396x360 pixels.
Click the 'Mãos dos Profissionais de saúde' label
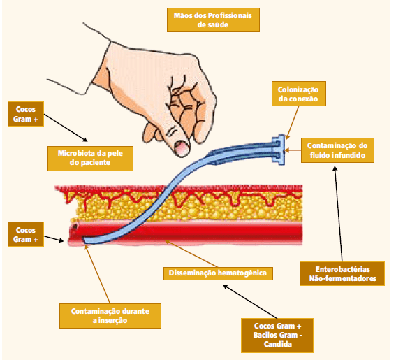pos(213,20)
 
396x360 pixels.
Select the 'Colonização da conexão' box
pos(299,94)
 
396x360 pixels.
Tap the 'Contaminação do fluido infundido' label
pos(337,150)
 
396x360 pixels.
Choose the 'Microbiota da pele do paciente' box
pos(90,158)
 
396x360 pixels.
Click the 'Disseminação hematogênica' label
pos(218,273)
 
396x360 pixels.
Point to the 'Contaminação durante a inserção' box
pos(110,316)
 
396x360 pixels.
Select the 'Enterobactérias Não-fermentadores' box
pos(342,274)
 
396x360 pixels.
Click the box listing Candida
pos(277,336)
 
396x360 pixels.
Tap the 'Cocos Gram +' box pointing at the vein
pos(26,234)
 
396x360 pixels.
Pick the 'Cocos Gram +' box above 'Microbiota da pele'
pos(26,114)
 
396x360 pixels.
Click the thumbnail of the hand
pos(182,148)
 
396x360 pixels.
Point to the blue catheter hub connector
pos(279,150)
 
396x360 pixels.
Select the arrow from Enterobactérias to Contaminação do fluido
pos(339,214)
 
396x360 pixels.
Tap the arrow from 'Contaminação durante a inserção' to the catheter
pos(97,274)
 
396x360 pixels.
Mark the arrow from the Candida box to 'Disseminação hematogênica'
pos(250,301)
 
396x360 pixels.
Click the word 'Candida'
pos(277,344)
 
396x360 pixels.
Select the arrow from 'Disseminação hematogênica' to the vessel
pos(191,253)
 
